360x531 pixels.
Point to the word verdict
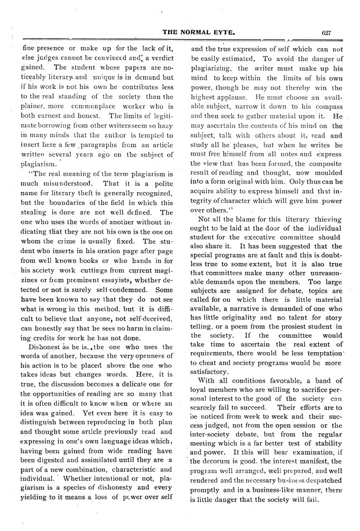point(159,58)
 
